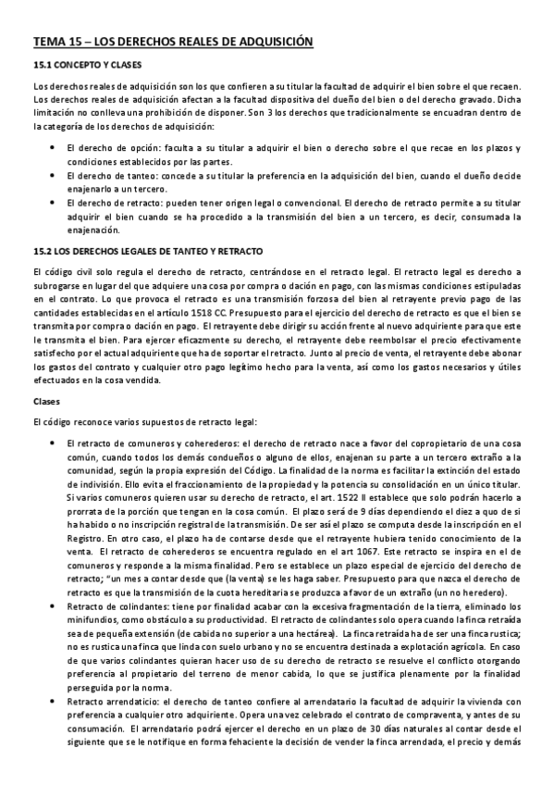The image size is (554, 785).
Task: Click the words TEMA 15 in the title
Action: tap(56, 42)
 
